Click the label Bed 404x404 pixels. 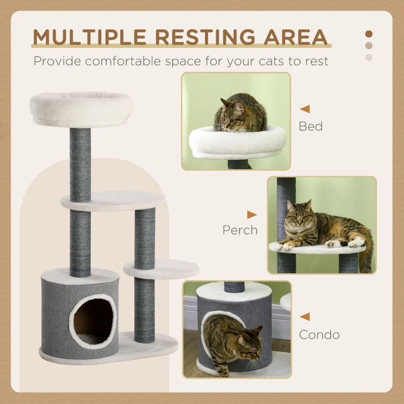click(x=311, y=126)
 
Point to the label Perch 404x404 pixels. click(x=240, y=230)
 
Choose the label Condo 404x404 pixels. click(x=319, y=334)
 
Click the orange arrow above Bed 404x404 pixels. click(x=305, y=109)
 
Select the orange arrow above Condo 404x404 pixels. click(x=305, y=317)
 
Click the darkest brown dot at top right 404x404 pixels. click(x=369, y=34)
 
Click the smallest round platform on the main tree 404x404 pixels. click(x=161, y=269)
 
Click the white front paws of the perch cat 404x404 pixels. click(x=285, y=246)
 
